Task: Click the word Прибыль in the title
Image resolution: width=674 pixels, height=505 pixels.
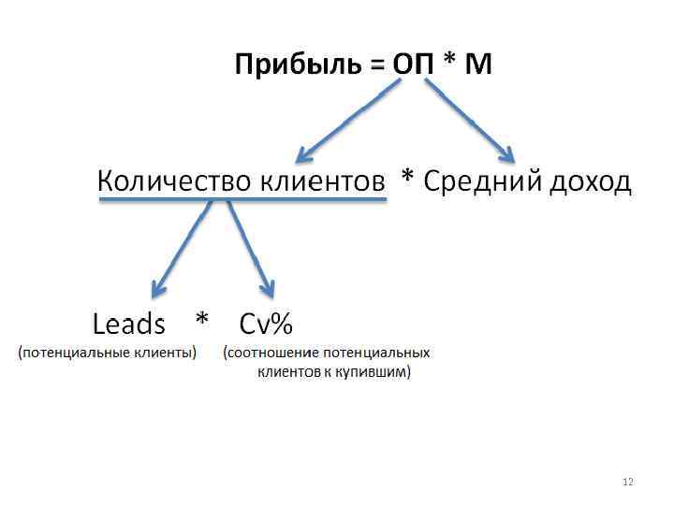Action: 295,65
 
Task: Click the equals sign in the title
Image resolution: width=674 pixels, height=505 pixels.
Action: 375,66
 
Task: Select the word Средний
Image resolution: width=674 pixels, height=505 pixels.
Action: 482,181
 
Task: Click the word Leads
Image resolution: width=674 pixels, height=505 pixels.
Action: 128,325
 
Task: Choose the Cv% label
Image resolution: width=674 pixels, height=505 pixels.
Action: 266,325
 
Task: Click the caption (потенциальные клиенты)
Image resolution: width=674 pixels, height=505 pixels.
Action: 107,353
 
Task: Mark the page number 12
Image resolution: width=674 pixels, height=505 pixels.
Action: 627,482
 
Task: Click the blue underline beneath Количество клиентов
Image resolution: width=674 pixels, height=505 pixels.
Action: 242,201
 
